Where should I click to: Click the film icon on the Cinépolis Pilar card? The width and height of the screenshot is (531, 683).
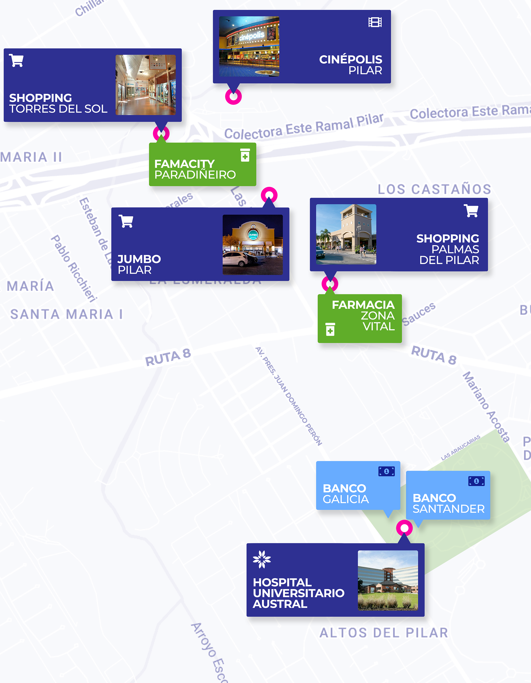[x=375, y=23]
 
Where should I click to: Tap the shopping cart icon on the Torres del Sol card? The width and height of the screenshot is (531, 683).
[x=16, y=60]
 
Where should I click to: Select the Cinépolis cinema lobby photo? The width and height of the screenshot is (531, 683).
[x=249, y=46]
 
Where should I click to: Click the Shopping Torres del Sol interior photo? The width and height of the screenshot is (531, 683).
[x=145, y=85]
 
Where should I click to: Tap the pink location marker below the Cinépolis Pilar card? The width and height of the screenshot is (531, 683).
[x=233, y=97]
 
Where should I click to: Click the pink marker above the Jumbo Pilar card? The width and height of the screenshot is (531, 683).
[x=269, y=195]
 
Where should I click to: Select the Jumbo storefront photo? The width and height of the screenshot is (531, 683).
[x=252, y=245]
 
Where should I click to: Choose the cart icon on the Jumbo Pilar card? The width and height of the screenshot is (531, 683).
[x=126, y=221]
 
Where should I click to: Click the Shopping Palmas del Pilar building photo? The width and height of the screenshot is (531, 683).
[x=346, y=234]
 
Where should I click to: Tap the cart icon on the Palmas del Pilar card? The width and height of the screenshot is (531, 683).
[x=471, y=211]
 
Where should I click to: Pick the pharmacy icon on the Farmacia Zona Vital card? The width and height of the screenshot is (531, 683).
[x=330, y=329]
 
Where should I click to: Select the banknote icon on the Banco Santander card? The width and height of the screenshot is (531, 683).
[x=476, y=481]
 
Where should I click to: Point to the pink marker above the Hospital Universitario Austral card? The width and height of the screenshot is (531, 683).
[x=404, y=528]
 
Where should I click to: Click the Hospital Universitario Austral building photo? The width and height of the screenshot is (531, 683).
[x=388, y=580]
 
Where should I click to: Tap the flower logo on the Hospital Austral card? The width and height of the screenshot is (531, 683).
[x=262, y=559]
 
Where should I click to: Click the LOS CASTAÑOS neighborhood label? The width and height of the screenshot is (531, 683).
[x=434, y=189]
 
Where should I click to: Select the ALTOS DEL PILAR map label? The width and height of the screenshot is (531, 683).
[x=384, y=633]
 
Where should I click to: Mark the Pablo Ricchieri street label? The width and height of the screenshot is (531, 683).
[x=74, y=269]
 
